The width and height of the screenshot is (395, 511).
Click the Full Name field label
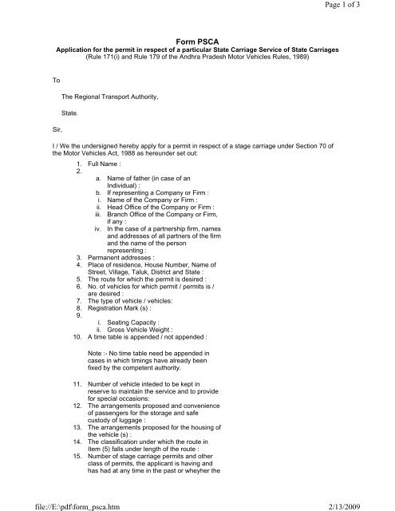click(109, 162)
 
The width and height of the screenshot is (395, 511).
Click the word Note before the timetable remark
click(98, 352)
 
